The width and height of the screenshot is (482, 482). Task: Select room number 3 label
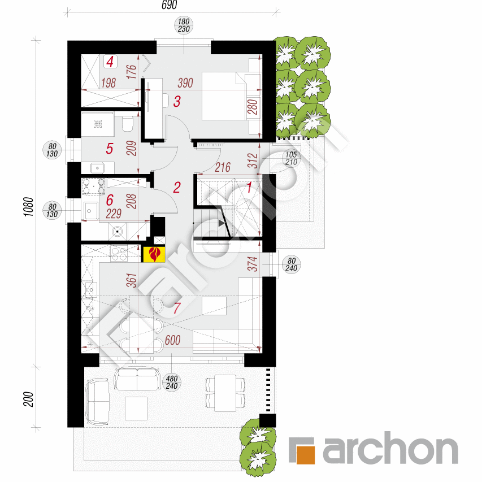(x=177, y=102)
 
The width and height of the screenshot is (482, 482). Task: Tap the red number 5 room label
(x=110, y=149)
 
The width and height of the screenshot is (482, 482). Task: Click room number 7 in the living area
(x=177, y=309)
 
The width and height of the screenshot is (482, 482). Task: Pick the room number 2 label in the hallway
(x=176, y=187)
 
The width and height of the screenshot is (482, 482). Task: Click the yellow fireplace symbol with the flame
(x=154, y=255)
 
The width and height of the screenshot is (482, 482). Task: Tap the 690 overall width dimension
(x=170, y=6)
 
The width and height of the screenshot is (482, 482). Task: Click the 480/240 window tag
(x=172, y=381)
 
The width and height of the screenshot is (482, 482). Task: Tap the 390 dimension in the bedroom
(x=185, y=83)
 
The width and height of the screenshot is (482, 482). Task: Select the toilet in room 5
(x=128, y=124)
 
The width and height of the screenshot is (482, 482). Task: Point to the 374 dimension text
(x=253, y=264)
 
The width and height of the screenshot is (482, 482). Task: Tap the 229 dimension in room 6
(x=114, y=214)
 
